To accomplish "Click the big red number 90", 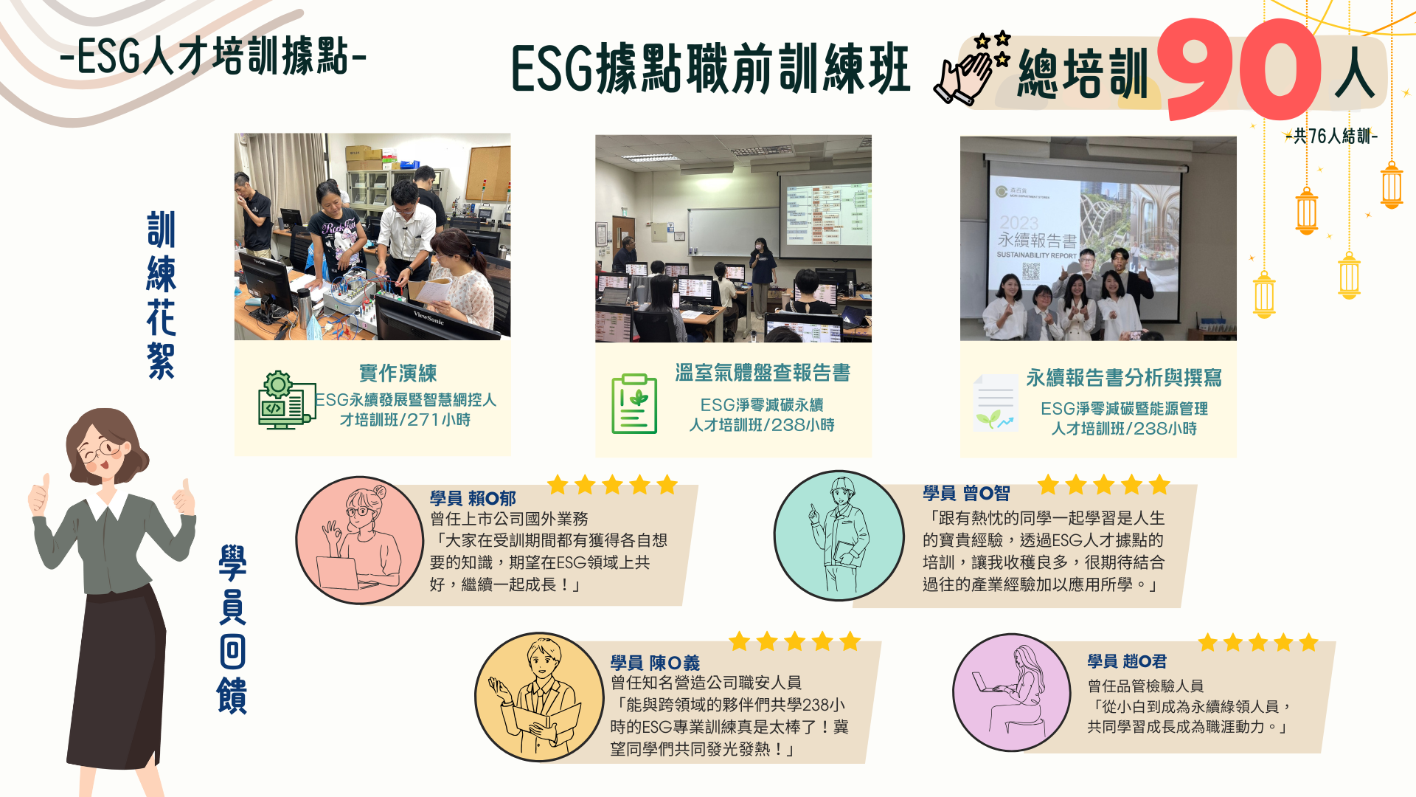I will tap(1239, 70).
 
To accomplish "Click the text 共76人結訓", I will tap(1331, 137).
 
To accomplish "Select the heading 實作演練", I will tap(398, 373).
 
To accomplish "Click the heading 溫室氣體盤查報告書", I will tap(763, 373).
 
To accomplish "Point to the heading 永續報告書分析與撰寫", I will tap(1123, 378).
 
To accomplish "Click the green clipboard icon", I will tap(634, 404).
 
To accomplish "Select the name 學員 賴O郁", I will tap(473, 499).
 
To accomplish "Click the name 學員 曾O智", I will tap(966, 493).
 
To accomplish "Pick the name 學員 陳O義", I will tap(654, 663).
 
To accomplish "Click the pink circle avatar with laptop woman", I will tap(359, 540).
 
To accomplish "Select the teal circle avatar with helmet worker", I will tap(839, 536).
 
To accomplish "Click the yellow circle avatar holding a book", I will tap(539, 697).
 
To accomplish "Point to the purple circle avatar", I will tap(1011, 692).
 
